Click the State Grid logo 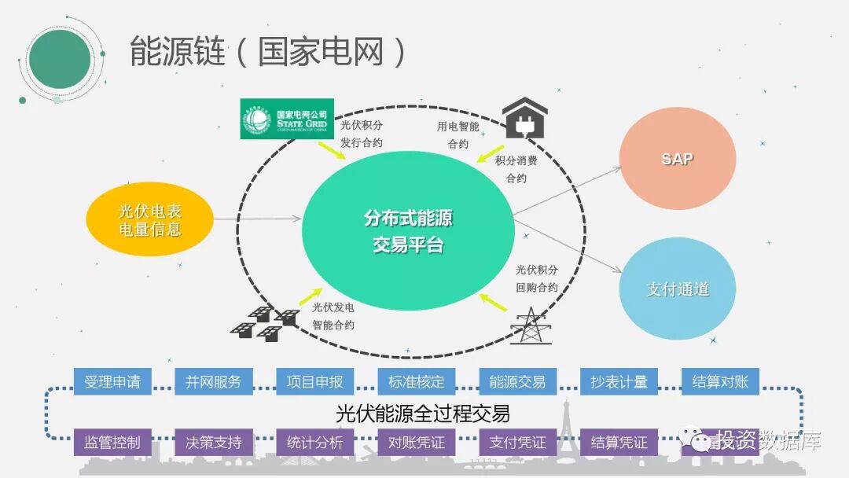click(288, 119)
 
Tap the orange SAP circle click(677, 159)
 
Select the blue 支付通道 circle click(677, 289)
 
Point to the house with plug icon click(524, 117)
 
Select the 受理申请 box click(112, 382)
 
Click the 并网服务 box click(214, 382)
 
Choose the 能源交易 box click(517, 382)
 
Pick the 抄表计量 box click(619, 382)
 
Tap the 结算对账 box click(720, 382)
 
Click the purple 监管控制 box click(112, 442)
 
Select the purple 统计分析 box click(314, 442)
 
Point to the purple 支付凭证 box click(517, 442)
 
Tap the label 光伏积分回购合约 click(537, 279)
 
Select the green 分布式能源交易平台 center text click(408, 231)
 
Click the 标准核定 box click(416, 382)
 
